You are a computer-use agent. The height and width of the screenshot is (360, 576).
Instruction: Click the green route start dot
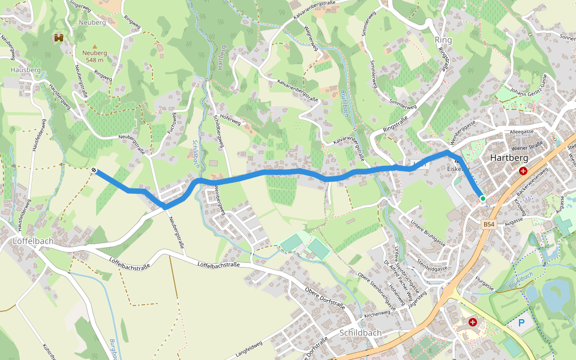[482, 198]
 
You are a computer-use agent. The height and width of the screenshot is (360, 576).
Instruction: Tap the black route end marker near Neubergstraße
[95, 171]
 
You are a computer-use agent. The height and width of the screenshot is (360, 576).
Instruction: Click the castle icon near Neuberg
[59, 38]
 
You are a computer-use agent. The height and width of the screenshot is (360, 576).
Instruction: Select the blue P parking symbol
[521, 323]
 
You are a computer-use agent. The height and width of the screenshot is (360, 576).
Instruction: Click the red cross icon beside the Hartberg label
[523, 170]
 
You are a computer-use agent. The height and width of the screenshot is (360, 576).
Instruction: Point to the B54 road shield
[489, 224]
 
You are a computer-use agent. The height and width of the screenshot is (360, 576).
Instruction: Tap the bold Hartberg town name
[508, 157]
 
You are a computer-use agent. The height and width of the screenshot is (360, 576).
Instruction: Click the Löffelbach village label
[33, 241]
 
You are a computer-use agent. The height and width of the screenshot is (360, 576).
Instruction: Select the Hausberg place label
[25, 70]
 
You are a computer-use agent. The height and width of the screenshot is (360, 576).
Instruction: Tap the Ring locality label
[443, 40]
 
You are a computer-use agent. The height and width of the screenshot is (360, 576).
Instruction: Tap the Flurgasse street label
[484, 283]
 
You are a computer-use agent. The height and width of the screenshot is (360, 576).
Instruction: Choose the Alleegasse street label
[521, 131]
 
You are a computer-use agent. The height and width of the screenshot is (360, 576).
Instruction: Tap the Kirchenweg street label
[378, 314]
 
